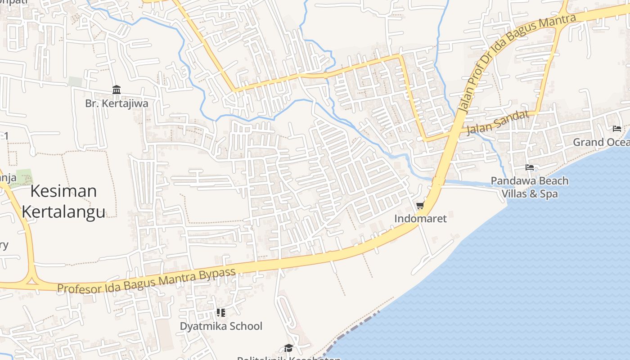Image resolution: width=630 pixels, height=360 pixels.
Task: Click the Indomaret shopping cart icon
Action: point(420,206)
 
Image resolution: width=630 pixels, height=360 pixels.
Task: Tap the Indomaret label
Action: point(420,219)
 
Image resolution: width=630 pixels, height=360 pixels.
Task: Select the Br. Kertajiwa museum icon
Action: point(117,90)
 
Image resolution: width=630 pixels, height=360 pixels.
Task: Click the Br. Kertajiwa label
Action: point(117,103)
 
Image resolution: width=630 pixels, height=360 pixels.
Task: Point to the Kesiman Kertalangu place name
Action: point(63,201)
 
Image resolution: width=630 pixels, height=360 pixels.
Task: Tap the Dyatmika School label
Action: point(221,326)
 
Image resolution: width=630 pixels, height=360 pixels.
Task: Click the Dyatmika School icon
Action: point(220,312)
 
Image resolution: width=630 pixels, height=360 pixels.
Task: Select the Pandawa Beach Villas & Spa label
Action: point(530,187)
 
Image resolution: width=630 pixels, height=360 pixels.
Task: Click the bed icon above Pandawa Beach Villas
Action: point(530,167)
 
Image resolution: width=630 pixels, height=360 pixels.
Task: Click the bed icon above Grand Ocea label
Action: point(616,129)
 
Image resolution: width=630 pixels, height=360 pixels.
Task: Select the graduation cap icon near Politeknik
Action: point(288,348)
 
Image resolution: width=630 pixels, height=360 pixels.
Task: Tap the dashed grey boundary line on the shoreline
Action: point(351,331)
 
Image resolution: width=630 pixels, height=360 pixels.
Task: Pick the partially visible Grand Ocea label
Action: point(601,142)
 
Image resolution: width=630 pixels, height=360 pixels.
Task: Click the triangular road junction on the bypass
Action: point(31,280)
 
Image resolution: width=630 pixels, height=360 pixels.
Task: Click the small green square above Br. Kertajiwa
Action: point(75,81)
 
